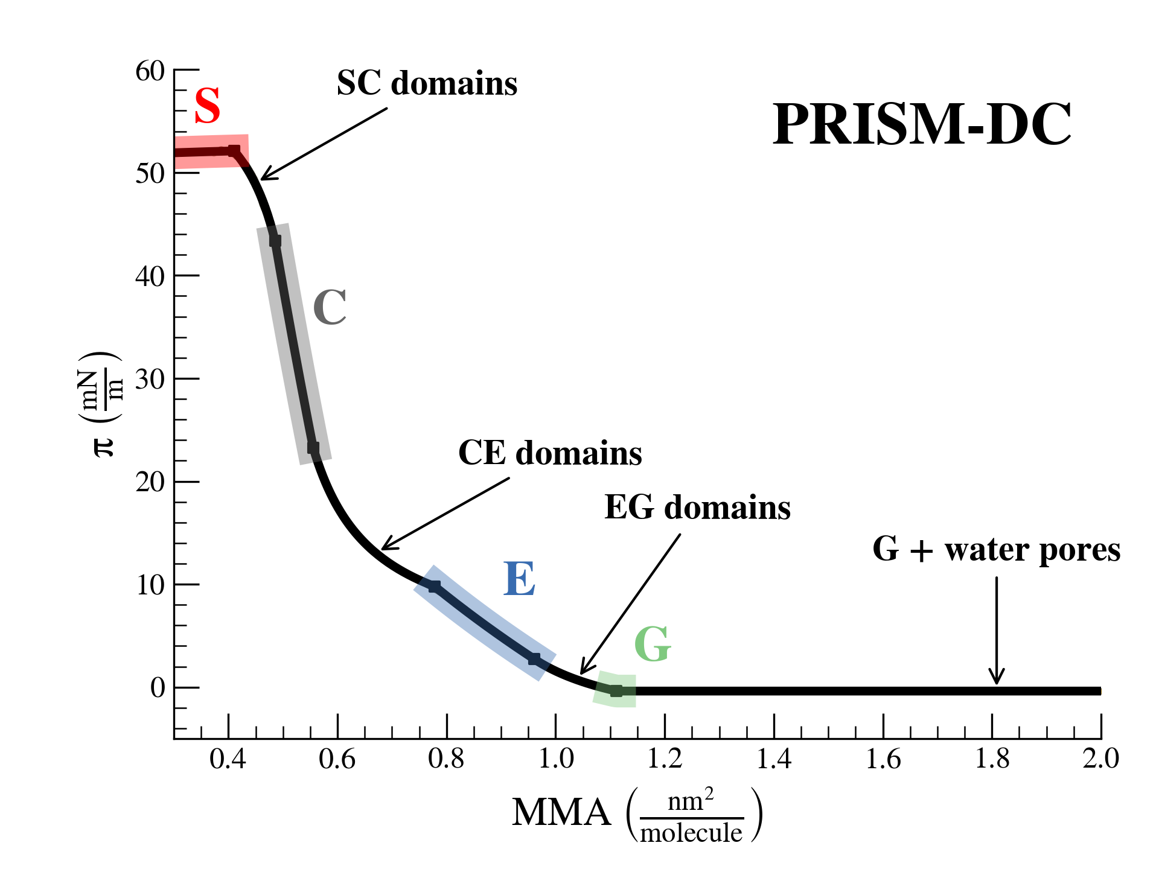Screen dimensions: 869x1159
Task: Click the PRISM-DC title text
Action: [922, 124]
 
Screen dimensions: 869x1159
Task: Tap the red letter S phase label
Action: [207, 106]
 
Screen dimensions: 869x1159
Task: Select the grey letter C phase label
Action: [330, 307]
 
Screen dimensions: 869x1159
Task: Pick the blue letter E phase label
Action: [519, 579]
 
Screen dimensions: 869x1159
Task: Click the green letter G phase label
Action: [652, 644]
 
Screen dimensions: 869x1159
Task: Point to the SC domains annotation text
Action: [427, 83]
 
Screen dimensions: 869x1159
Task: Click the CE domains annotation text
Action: [550, 453]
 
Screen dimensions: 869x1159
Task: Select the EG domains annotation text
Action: [697, 507]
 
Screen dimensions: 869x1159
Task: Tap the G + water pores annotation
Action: [996, 550]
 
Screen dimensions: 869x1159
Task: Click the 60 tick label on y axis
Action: [150, 71]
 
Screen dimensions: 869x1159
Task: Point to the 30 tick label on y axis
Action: [150, 380]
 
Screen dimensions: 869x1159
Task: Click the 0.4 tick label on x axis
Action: [228, 759]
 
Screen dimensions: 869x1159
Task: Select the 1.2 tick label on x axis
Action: [665, 759]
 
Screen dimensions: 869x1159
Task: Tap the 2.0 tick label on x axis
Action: [1100, 759]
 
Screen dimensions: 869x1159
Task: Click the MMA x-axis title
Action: [561, 813]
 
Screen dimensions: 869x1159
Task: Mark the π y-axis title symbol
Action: [104, 447]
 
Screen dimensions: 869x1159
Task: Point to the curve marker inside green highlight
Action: [616, 691]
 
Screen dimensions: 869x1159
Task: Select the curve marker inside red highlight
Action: [234, 150]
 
